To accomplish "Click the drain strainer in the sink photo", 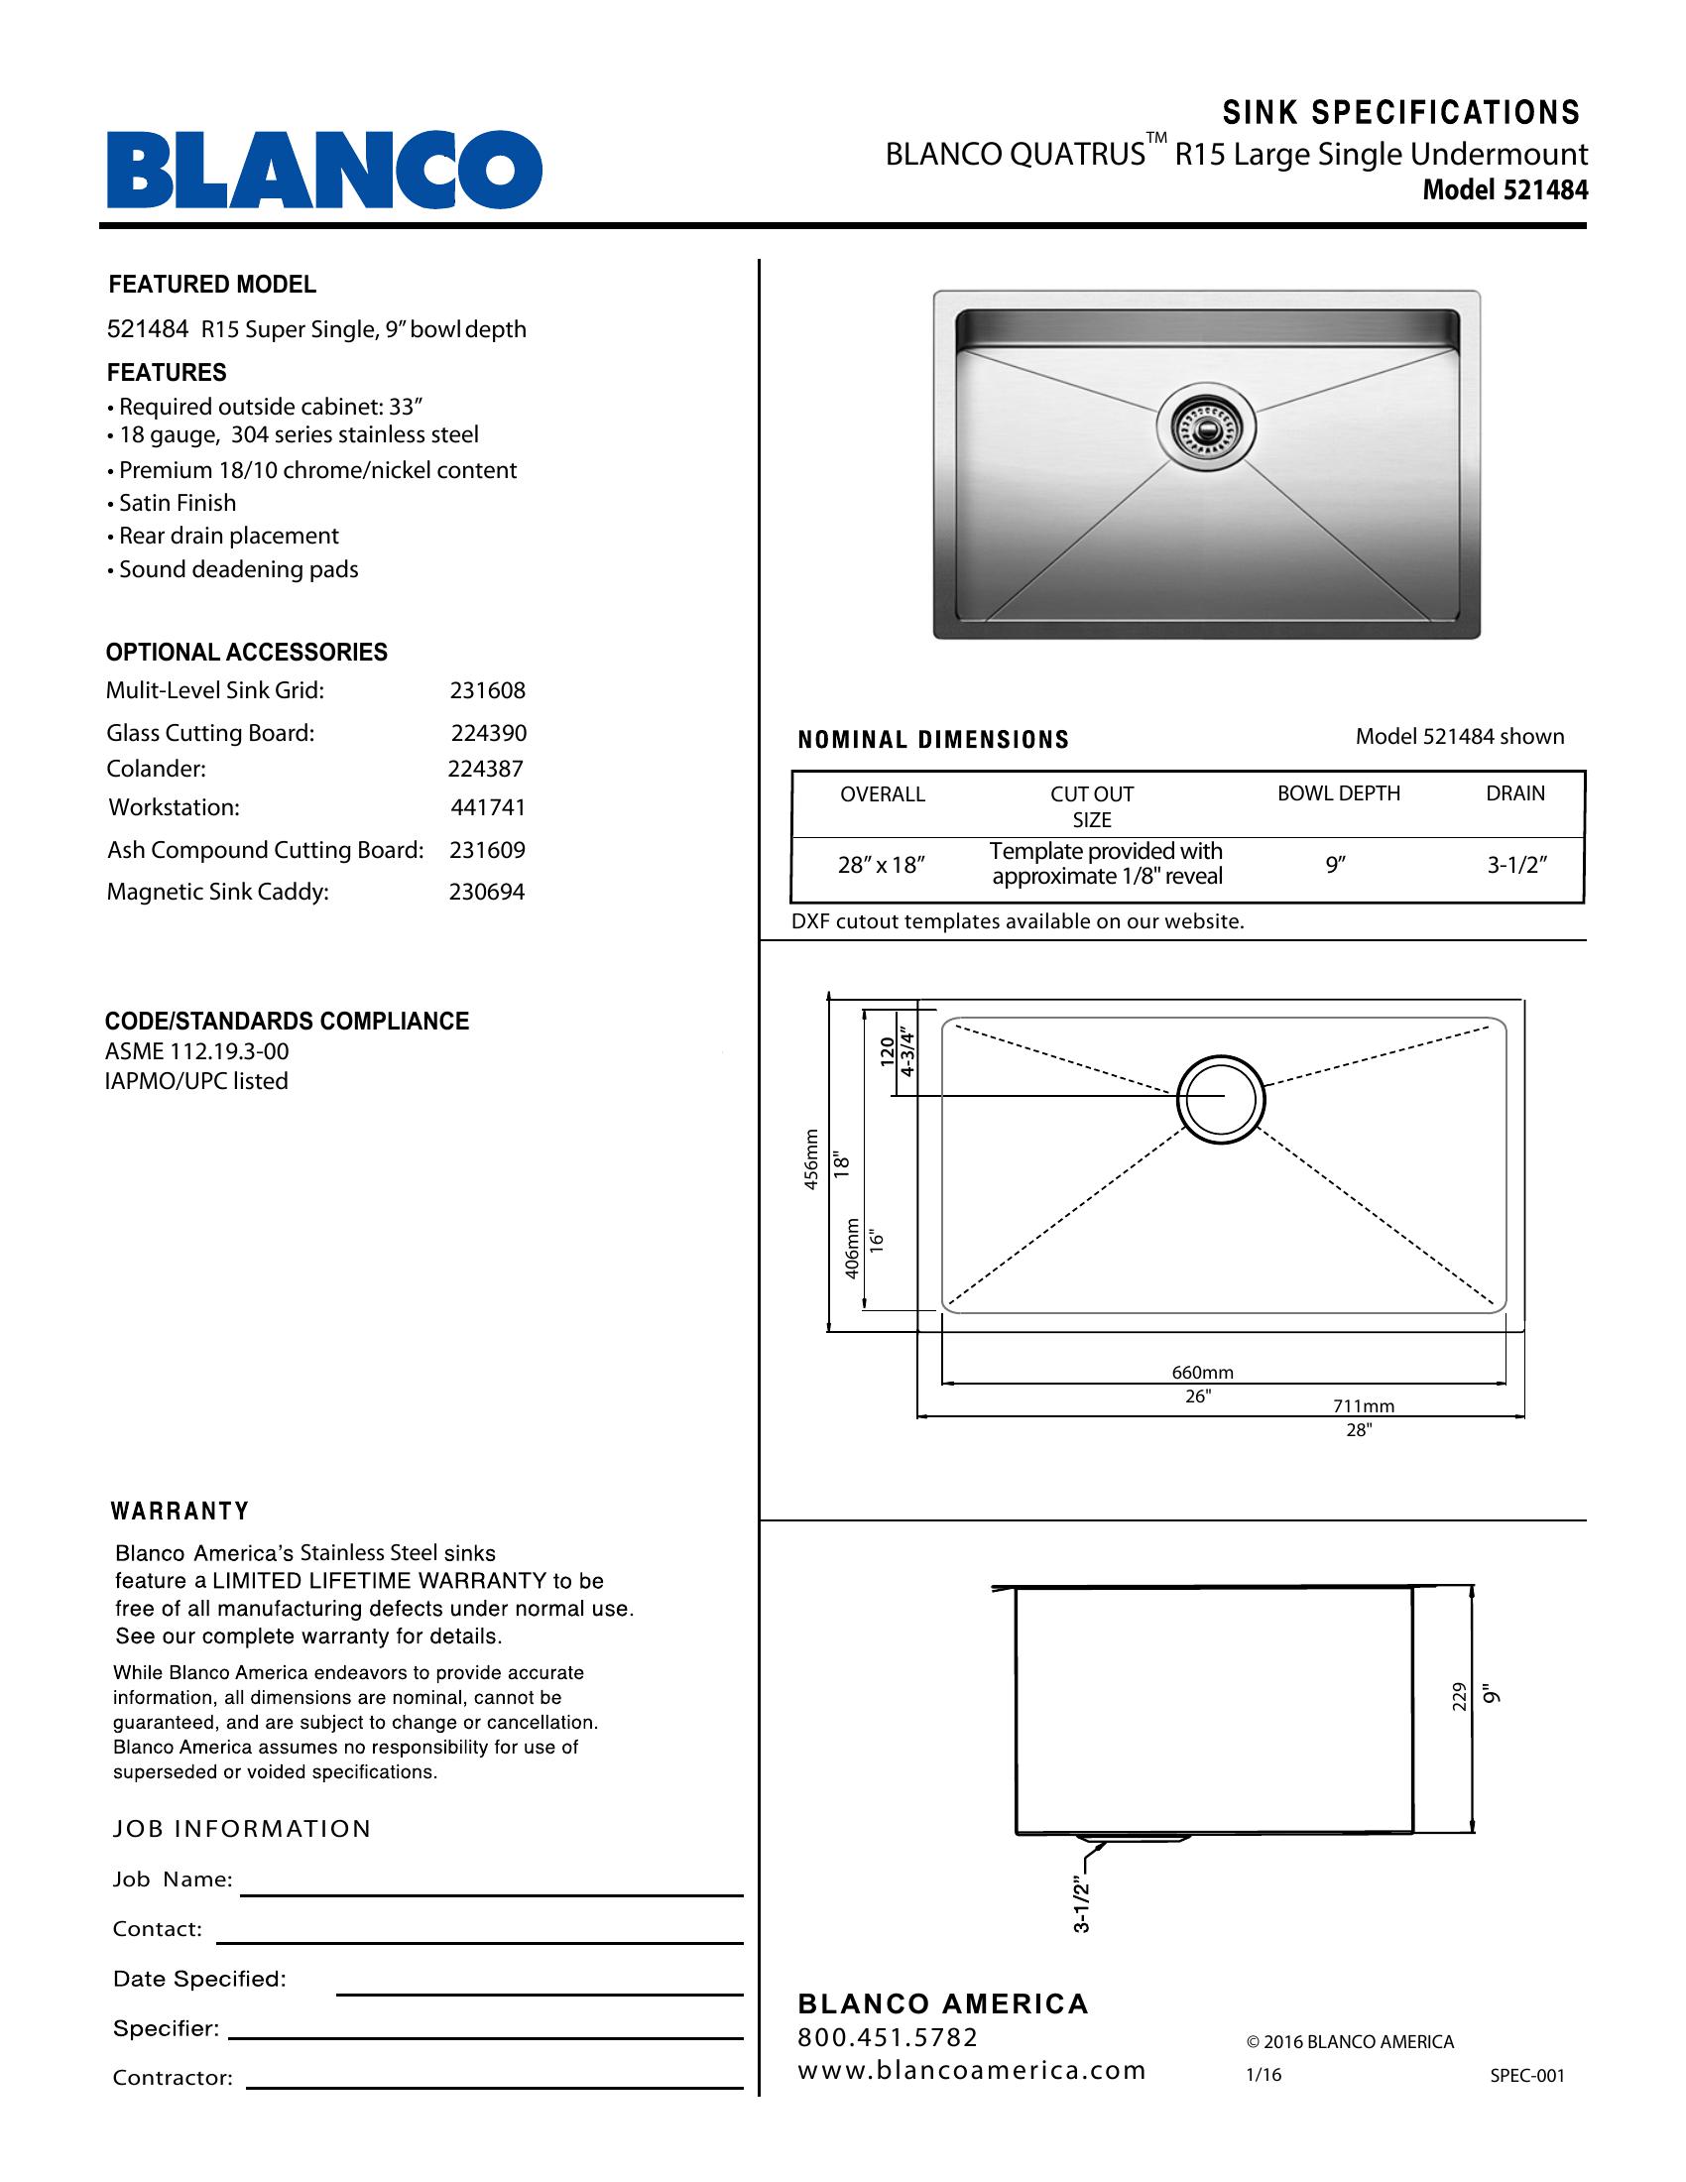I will click(1205, 426).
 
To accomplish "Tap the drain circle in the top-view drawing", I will click(1221, 1098).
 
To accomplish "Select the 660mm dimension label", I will click(1203, 1373).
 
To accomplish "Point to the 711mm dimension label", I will click(1364, 1405).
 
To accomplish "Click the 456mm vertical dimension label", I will click(811, 1158).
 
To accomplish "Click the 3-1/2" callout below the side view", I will click(1082, 1905).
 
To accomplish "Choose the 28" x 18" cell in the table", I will click(882, 865).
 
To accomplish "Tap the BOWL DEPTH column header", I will click(1339, 793).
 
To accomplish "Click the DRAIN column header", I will click(1515, 793).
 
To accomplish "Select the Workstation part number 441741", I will click(487, 807).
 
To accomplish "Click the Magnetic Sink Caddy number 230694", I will click(486, 892).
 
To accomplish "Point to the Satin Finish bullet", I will click(177, 504).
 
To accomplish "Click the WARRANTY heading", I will click(180, 1511).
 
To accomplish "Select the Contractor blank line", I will click(495, 2087).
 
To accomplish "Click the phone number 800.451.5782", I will click(888, 2037).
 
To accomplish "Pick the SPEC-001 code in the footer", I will click(1527, 2075).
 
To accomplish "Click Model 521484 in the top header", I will click(1505, 189).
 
